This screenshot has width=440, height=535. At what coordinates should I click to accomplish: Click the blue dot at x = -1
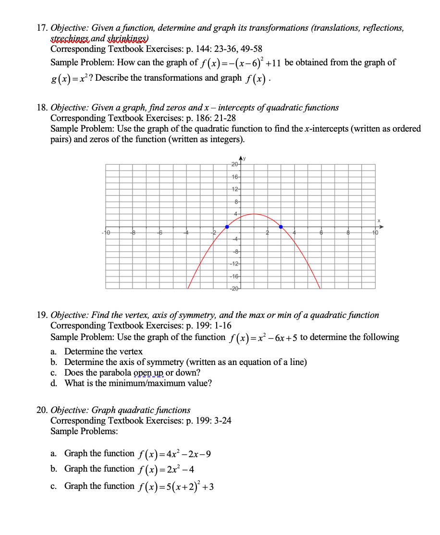pyautogui.click(x=227, y=227)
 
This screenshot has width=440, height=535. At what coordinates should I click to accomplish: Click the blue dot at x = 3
pyautogui.click(x=281, y=227)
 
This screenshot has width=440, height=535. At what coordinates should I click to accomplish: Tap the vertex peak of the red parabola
pyautogui.click(x=254, y=214)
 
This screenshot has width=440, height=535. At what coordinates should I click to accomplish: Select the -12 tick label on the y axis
pyautogui.click(x=234, y=263)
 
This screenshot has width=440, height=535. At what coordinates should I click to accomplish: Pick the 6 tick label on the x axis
pyautogui.click(x=321, y=232)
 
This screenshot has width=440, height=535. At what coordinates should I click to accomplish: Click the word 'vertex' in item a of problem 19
pyautogui.click(x=131, y=351)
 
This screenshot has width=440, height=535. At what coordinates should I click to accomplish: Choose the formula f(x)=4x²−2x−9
pyautogui.click(x=174, y=454)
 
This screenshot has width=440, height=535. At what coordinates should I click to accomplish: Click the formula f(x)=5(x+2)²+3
pyautogui.click(x=175, y=486)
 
